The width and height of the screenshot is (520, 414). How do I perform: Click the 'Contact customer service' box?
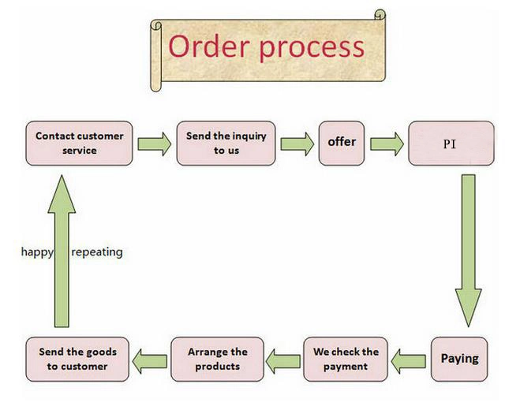coord(79,144)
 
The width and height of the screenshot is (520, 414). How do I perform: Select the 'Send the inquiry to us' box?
coord(226,144)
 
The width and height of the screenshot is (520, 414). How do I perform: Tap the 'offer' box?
coord(342,144)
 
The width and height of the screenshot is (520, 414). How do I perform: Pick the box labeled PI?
coord(451,144)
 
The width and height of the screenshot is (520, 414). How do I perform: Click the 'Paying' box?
coord(459,360)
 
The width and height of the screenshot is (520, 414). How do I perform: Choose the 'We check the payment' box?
coord(346,360)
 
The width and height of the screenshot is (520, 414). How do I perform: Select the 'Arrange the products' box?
coord(218,360)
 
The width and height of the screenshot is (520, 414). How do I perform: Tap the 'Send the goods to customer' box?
coord(77,360)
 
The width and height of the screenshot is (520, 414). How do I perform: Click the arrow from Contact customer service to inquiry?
coord(155,144)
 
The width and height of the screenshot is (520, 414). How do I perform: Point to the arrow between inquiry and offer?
coord(297,144)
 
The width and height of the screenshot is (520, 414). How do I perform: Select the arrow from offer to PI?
coord(387,144)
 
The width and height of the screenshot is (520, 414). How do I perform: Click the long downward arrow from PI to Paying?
coord(468,251)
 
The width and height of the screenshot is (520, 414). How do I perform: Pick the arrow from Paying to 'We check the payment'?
coord(409,361)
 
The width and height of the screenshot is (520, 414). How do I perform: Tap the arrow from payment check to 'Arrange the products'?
coord(283,361)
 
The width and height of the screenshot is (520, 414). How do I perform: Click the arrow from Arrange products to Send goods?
coord(150,361)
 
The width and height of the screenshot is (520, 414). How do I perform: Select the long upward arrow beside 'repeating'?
coord(62,252)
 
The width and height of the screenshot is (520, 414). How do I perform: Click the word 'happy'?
coord(37,252)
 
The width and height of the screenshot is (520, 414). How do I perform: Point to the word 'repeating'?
coord(97,252)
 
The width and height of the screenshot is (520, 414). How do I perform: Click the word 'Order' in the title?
coord(209,47)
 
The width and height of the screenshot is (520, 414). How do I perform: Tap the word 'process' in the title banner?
coord(312,48)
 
